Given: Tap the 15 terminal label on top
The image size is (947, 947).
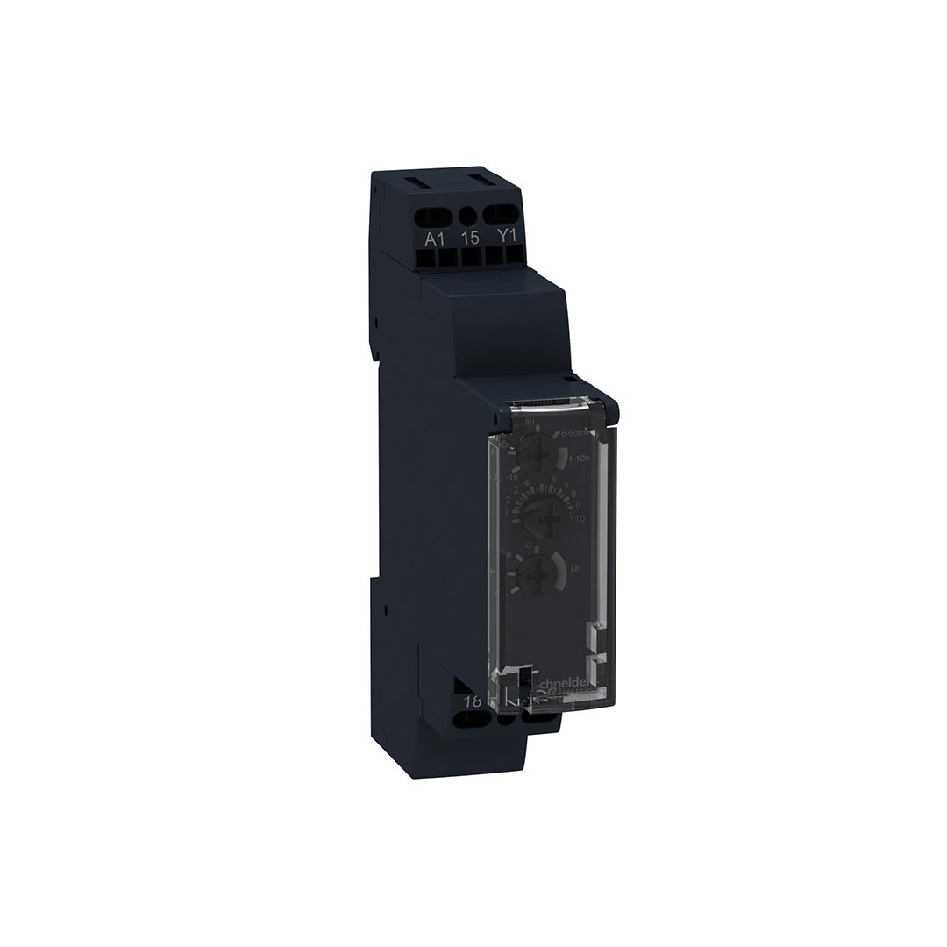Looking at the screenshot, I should tap(470, 237).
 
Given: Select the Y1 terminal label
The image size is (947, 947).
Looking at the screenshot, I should tap(506, 237).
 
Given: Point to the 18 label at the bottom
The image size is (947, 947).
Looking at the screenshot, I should tap(473, 701).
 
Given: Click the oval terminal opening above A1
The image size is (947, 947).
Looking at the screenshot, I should tap(436, 215).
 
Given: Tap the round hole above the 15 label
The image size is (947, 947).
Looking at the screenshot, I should tap(468, 215).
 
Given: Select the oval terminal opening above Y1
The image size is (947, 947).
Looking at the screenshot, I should tap(504, 213).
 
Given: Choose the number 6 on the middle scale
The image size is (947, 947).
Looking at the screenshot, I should tap(555, 479).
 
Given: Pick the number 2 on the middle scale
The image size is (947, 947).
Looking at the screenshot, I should tap(508, 500).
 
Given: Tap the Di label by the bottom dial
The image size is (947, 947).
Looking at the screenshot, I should tap(575, 570).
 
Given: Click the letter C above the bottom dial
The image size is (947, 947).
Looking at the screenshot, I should tap(528, 546).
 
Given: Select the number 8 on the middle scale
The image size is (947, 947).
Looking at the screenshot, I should tap(573, 494).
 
